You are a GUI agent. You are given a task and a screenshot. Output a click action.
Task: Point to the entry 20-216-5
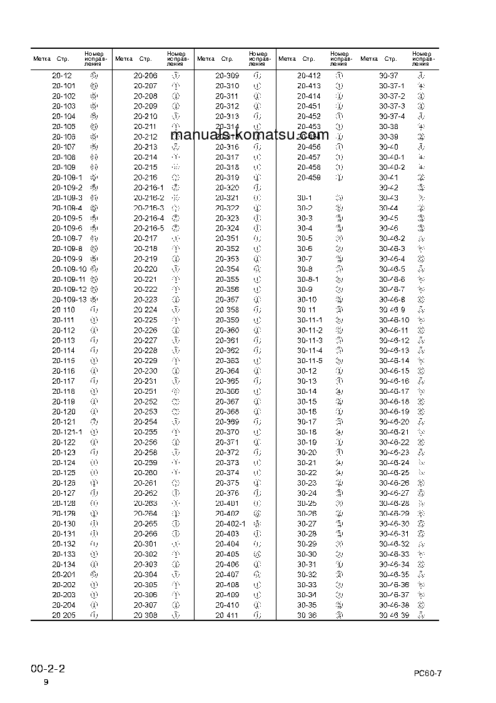(x=149, y=228)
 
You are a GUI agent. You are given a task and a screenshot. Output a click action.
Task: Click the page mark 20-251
(x=146, y=391)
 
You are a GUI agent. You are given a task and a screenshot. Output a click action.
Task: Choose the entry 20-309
(x=227, y=76)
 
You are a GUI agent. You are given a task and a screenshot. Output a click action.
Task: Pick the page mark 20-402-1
(x=231, y=523)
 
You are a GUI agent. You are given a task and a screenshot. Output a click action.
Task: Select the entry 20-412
(x=308, y=76)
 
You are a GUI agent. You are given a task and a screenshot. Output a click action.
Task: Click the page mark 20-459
(x=308, y=177)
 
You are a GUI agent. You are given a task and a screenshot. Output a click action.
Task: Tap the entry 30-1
(x=305, y=198)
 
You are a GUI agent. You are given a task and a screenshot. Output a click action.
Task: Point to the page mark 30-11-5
(x=310, y=361)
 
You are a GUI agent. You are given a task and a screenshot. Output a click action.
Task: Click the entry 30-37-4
(x=392, y=116)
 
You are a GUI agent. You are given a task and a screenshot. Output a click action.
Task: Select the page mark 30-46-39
(x=394, y=615)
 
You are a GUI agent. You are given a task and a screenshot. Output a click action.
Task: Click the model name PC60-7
(x=428, y=673)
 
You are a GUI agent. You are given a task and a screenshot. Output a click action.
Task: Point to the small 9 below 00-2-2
(x=46, y=682)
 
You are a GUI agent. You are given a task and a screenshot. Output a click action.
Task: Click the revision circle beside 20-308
(x=176, y=615)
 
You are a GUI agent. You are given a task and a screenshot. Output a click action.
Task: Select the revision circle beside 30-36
(x=339, y=615)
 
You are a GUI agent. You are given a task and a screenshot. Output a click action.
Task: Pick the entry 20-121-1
(x=66, y=432)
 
